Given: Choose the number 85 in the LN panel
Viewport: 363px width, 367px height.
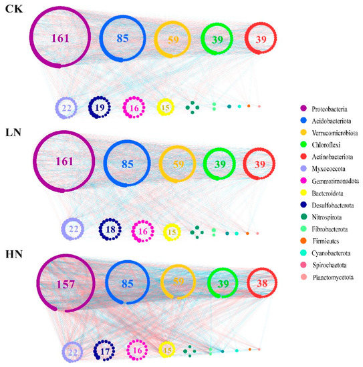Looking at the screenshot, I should point(128,161).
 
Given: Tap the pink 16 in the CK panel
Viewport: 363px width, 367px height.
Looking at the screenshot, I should point(134,107).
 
